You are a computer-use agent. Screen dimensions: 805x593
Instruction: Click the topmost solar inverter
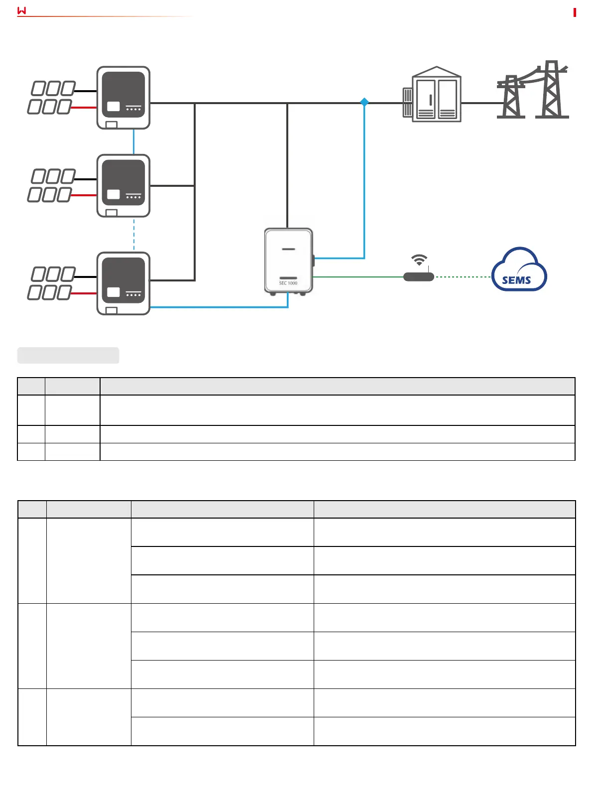pyautogui.click(x=123, y=98)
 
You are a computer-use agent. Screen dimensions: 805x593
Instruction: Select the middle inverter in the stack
pyautogui.click(x=123, y=185)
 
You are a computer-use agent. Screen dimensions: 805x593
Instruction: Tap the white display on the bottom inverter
pyautogui.click(x=114, y=292)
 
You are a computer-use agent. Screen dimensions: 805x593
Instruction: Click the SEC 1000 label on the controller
pyautogui.click(x=288, y=283)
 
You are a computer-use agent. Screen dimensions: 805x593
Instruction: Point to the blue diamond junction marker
pyautogui.click(x=364, y=102)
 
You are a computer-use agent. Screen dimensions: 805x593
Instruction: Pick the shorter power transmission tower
pyautogui.click(x=511, y=97)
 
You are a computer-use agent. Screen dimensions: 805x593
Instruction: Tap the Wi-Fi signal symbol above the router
pyautogui.click(x=419, y=260)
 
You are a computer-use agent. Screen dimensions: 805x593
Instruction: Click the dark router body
pyautogui.click(x=418, y=276)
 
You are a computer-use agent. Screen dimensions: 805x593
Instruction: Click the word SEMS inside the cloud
pyautogui.click(x=516, y=280)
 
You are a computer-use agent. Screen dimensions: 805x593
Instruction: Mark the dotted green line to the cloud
pyautogui.click(x=463, y=276)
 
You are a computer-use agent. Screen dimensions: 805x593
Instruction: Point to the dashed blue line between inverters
pyautogui.click(x=133, y=234)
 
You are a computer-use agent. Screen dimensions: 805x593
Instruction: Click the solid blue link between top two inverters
pyautogui.click(x=133, y=141)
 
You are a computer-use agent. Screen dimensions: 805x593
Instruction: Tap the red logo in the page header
pyautogui.click(x=21, y=10)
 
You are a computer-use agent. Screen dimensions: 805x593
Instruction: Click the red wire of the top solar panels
pyautogui.click(x=85, y=107)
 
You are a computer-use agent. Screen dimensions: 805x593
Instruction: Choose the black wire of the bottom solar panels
pyautogui.click(x=86, y=276)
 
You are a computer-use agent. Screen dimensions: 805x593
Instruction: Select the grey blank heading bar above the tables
pyautogui.click(x=68, y=355)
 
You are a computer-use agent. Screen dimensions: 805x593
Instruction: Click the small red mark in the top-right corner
pyautogui.click(x=575, y=12)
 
